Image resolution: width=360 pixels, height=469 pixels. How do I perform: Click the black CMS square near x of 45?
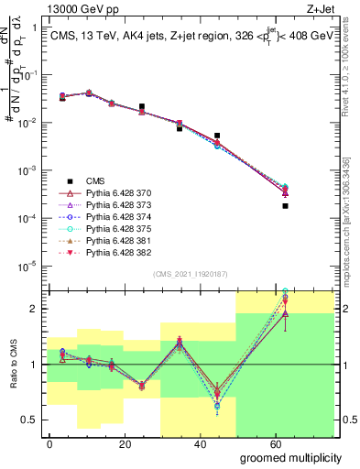217,136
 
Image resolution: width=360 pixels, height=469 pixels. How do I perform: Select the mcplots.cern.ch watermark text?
346,220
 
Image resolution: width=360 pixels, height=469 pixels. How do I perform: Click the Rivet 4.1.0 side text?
346,82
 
